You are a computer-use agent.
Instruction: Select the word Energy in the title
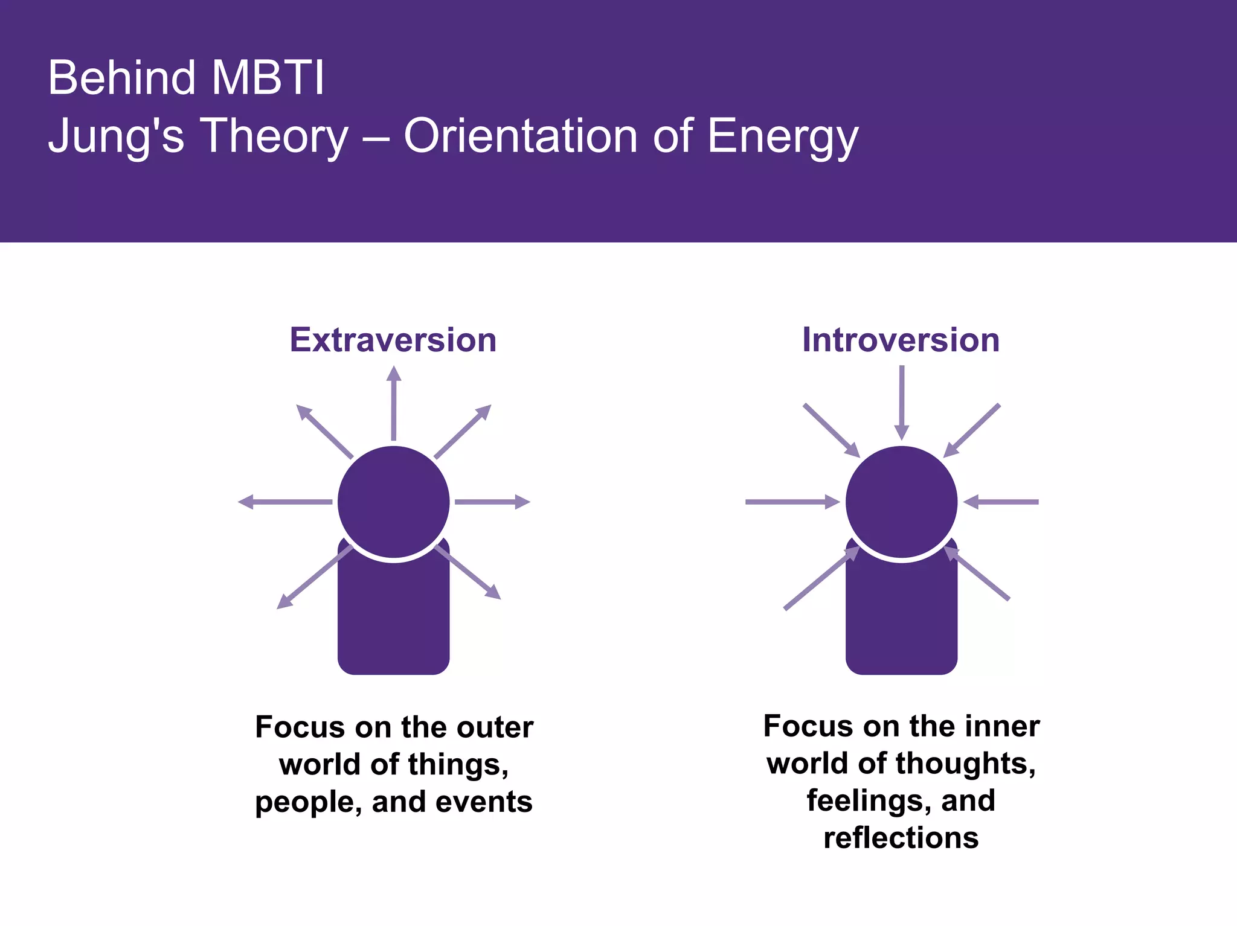pyautogui.click(x=782, y=136)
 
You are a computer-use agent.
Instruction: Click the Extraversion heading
pyautogui.click(x=393, y=340)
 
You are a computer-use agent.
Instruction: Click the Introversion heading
pyautogui.click(x=901, y=340)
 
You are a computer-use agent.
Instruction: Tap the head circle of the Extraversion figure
pyautogui.click(x=393, y=502)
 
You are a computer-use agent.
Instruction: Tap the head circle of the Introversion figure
pyautogui.click(x=901, y=502)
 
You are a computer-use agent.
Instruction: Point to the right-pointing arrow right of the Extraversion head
pyautogui.click(x=492, y=502)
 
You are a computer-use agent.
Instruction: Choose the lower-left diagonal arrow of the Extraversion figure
pyautogui.click(x=314, y=578)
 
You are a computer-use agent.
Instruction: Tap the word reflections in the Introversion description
pyautogui.click(x=901, y=838)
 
